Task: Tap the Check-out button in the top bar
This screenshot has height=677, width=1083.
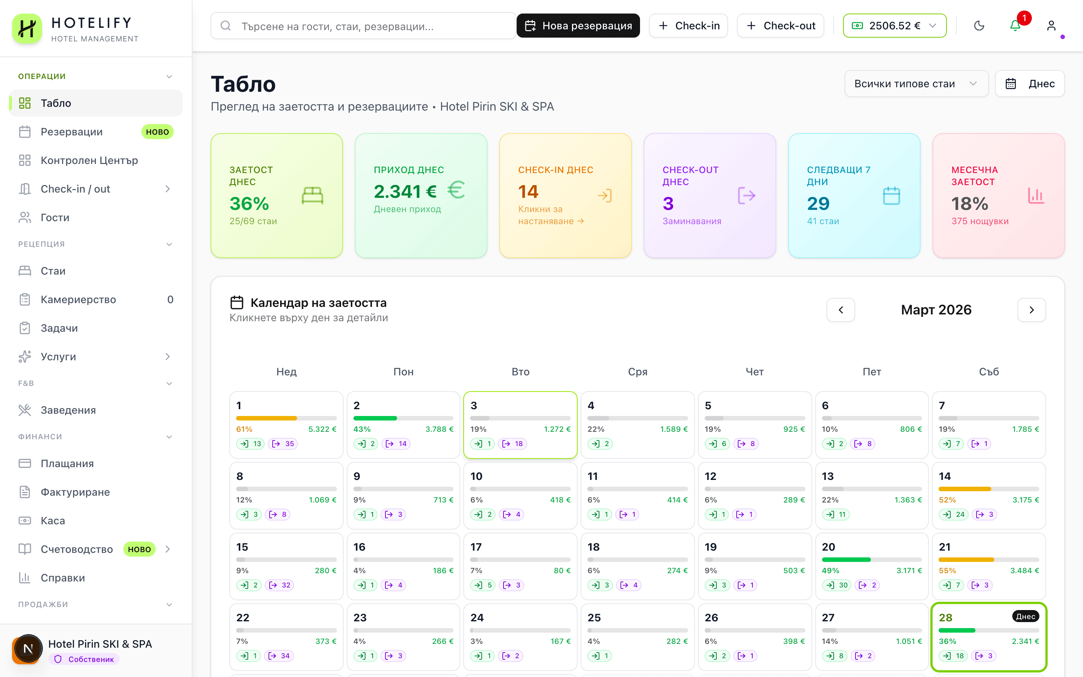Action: [781, 26]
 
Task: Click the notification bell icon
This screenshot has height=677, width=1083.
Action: [1015, 26]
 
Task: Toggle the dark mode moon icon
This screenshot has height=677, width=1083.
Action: [979, 26]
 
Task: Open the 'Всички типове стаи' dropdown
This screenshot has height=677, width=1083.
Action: [916, 84]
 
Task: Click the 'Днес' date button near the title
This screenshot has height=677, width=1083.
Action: [1029, 84]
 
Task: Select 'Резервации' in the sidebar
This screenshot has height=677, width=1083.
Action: [71, 132]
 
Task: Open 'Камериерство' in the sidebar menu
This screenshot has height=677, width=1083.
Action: [78, 299]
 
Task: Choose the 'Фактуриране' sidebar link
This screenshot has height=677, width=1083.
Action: [75, 492]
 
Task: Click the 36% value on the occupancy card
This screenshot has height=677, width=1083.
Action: [249, 204]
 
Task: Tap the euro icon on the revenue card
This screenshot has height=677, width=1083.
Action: [456, 190]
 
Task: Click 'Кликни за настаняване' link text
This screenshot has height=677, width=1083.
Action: [551, 216]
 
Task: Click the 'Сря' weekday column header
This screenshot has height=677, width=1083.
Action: [637, 372]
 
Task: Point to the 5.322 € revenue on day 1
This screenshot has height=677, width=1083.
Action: [322, 429]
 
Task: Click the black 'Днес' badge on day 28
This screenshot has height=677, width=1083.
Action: [1025, 616]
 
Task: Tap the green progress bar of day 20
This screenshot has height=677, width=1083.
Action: [846, 560]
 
